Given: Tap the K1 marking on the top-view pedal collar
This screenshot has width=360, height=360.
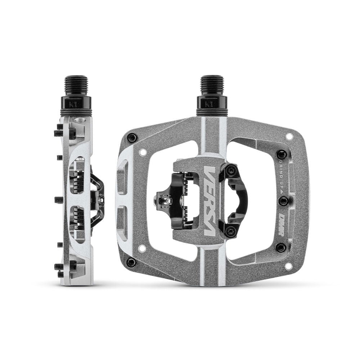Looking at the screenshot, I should click(212, 105).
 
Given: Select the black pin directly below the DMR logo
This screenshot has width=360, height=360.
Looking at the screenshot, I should click(281, 247).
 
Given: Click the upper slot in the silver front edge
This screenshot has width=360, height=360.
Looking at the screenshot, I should click(122, 177).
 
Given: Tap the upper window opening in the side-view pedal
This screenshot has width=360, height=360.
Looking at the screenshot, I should click(77, 176).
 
